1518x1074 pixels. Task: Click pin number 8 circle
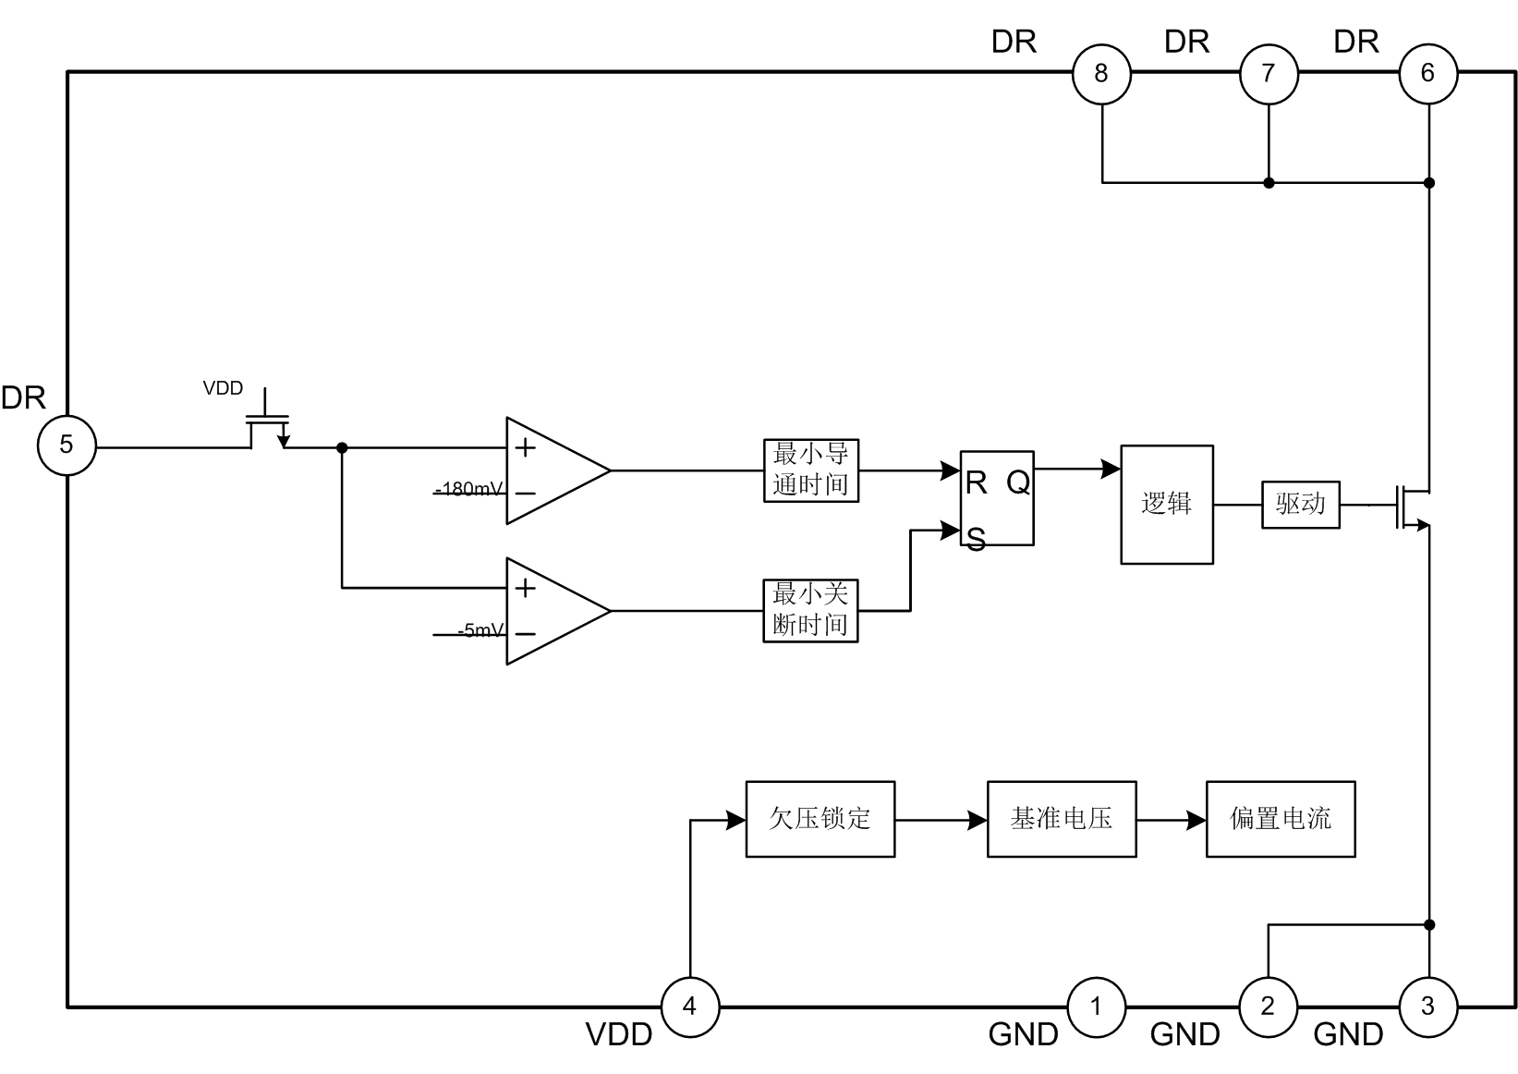click(x=1101, y=73)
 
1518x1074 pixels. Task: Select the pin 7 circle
click(x=1268, y=73)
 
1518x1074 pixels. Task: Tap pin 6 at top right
click(x=1427, y=73)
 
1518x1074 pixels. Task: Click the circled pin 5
click(x=67, y=445)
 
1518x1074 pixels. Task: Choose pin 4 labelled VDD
click(x=689, y=1006)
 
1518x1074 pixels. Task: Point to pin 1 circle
click(x=1097, y=1006)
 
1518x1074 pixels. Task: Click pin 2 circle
click(x=1268, y=1006)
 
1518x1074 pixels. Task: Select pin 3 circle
click(x=1427, y=1006)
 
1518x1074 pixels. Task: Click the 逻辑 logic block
click(x=1167, y=505)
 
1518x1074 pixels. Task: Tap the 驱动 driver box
click(x=1301, y=505)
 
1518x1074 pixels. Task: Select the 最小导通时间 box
click(x=811, y=470)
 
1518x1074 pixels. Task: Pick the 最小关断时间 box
click(x=810, y=610)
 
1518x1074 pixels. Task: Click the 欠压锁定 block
click(x=820, y=819)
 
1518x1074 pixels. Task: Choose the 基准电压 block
click(x=1062, y=819)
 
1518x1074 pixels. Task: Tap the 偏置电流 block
click(x=1281, y=819)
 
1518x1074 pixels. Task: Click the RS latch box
click(x=997, y=499)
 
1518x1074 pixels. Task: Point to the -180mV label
click(x=470, y=489)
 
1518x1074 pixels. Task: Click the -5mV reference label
click(x=480, y=631)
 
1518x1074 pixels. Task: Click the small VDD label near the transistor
click(x=223, y=388)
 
